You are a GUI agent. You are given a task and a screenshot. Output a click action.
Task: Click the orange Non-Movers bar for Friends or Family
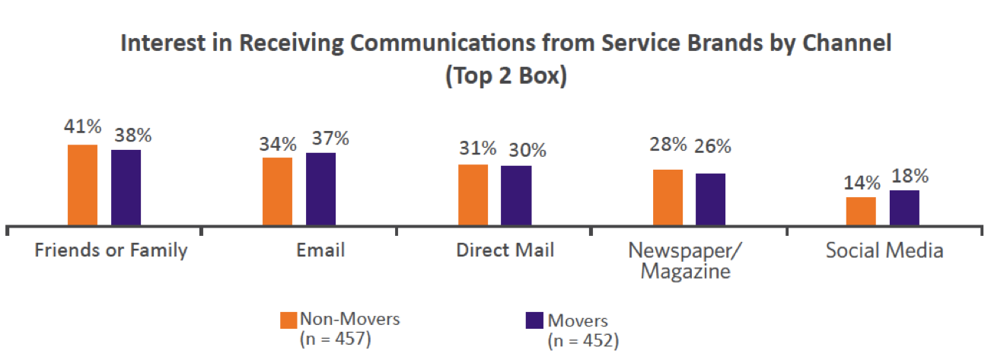click(82, 185)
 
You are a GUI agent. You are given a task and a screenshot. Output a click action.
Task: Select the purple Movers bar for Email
click(320, 189)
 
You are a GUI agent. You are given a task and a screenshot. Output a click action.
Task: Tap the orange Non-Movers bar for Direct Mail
click(473, 195)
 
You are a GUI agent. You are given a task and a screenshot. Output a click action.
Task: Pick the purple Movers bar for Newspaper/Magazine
click(710, 199)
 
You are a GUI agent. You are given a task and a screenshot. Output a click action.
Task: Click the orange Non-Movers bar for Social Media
click(861, 211)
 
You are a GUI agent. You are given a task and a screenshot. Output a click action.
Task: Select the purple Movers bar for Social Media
click(904, 208)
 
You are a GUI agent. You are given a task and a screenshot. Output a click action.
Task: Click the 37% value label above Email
click(330, 139)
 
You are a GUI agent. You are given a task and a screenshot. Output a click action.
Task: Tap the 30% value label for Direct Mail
click(525, 151)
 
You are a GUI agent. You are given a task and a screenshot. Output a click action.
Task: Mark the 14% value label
click(861, 183)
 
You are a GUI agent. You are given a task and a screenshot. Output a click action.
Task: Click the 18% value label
click(909, 176)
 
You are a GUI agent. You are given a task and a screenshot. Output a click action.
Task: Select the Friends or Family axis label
click(111, 250)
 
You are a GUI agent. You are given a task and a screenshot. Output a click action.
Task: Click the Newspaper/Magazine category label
click(685, 260)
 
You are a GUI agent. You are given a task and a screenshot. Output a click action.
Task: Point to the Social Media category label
click(884, 250)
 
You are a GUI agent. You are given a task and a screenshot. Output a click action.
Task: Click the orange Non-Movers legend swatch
click(288, 320)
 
